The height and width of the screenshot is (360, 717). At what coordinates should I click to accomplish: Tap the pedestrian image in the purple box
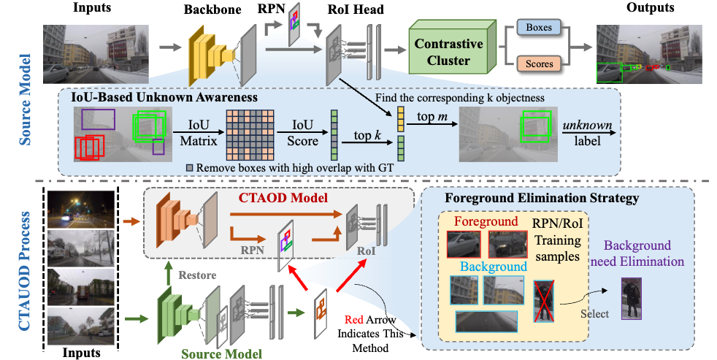coord(630,298)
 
